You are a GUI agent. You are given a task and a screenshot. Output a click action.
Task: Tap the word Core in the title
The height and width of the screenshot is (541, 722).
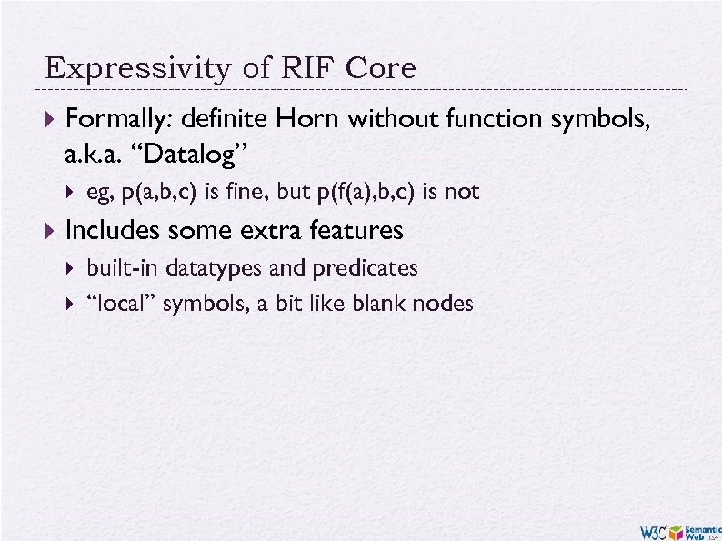coord(380,69)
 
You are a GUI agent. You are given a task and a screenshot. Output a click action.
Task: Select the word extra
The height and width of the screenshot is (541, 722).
coord(274,231)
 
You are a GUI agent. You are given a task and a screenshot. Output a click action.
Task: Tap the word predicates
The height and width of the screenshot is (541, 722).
coord(364,268)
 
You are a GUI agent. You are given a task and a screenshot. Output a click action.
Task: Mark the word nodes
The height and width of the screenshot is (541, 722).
coord(443,304)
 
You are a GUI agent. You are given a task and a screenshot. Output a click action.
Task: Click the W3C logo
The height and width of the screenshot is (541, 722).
coord(652,531)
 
